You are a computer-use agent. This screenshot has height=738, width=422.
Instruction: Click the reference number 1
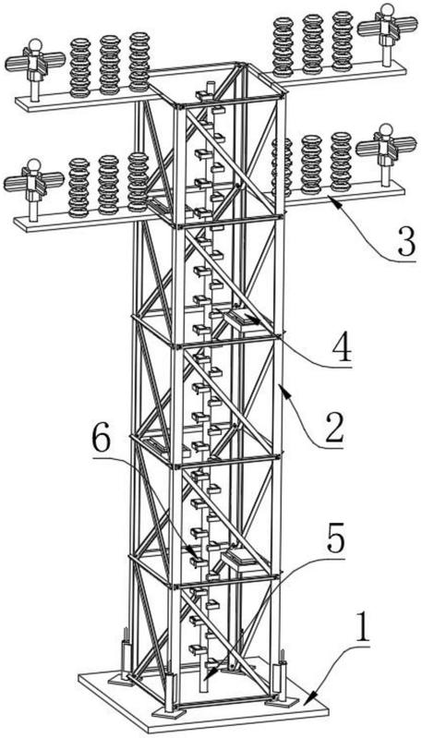point(363,626)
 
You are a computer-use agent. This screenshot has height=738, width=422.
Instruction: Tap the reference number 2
point(334,427)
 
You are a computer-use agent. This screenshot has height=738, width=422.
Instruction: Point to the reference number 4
point(342,346)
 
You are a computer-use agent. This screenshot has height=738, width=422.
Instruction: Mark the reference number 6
point(102,440)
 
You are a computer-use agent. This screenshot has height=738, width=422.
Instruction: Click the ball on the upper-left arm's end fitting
point(35,46)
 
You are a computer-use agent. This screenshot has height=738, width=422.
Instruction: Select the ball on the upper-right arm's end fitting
point(387,9)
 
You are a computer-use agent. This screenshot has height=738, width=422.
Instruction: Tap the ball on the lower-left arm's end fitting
point(34,164)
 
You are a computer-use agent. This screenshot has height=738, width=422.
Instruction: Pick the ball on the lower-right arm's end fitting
point(386,129)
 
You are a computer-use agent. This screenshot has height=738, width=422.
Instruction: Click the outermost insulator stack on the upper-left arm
point(80,67)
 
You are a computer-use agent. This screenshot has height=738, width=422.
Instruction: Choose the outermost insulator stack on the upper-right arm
point(343,41)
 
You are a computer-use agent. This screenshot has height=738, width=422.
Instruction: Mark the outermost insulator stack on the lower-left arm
point(79,188)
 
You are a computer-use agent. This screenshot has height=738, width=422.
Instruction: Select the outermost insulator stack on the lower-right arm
point(341,162)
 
